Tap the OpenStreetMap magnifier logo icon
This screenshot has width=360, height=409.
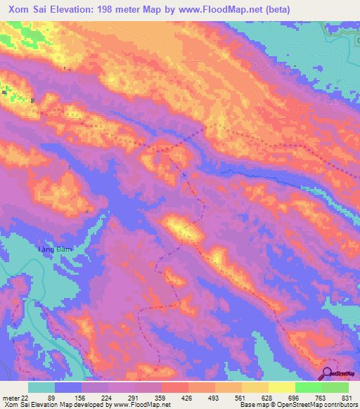[328, 373]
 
